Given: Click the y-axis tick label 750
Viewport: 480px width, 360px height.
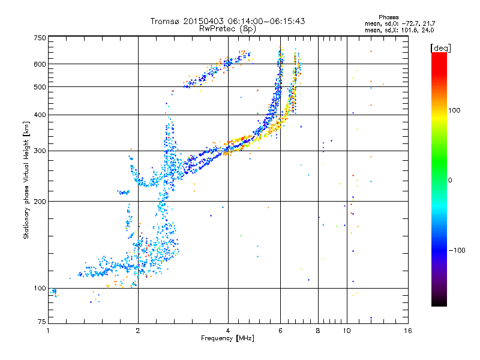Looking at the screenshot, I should [x=40, y=37].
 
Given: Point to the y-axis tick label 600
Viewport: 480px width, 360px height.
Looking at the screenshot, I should [x=40, y=64].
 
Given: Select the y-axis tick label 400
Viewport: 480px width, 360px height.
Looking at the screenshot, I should [x=40, y=115].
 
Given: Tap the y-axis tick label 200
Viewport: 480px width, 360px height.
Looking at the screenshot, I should [x=40, y=201].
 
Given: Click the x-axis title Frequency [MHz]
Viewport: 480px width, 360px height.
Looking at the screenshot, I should [x=228, y=339].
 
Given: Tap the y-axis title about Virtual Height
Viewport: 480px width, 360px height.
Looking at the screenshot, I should [x=26, y=181].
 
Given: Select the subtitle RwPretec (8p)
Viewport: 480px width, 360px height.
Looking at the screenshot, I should [x=228, y=28].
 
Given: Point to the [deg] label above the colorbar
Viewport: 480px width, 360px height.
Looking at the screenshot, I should [x=441, y=47].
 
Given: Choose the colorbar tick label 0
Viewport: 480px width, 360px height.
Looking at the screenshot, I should [x=451, y=180].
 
